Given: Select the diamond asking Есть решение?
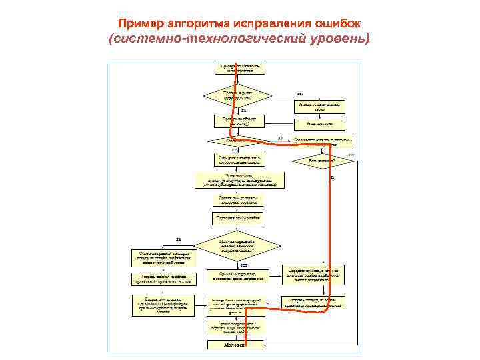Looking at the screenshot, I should (321, 161).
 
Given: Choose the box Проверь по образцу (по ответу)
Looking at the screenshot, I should (239, 121).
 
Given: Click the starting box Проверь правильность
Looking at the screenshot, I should (241, 67).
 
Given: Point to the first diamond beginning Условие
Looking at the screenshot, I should (239, 95).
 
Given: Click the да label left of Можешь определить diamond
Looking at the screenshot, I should (179, 239).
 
